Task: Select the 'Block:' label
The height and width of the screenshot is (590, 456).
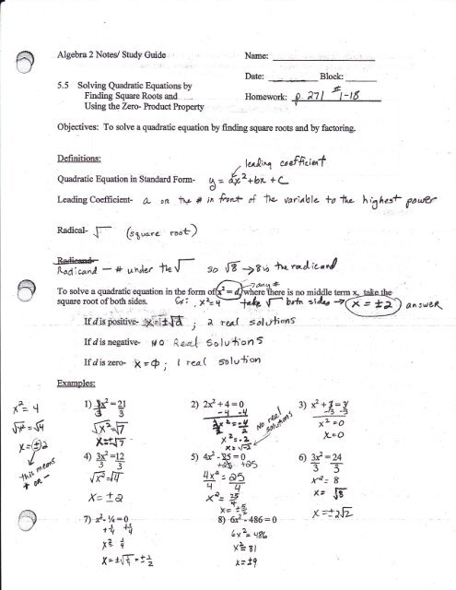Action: [334, 74]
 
